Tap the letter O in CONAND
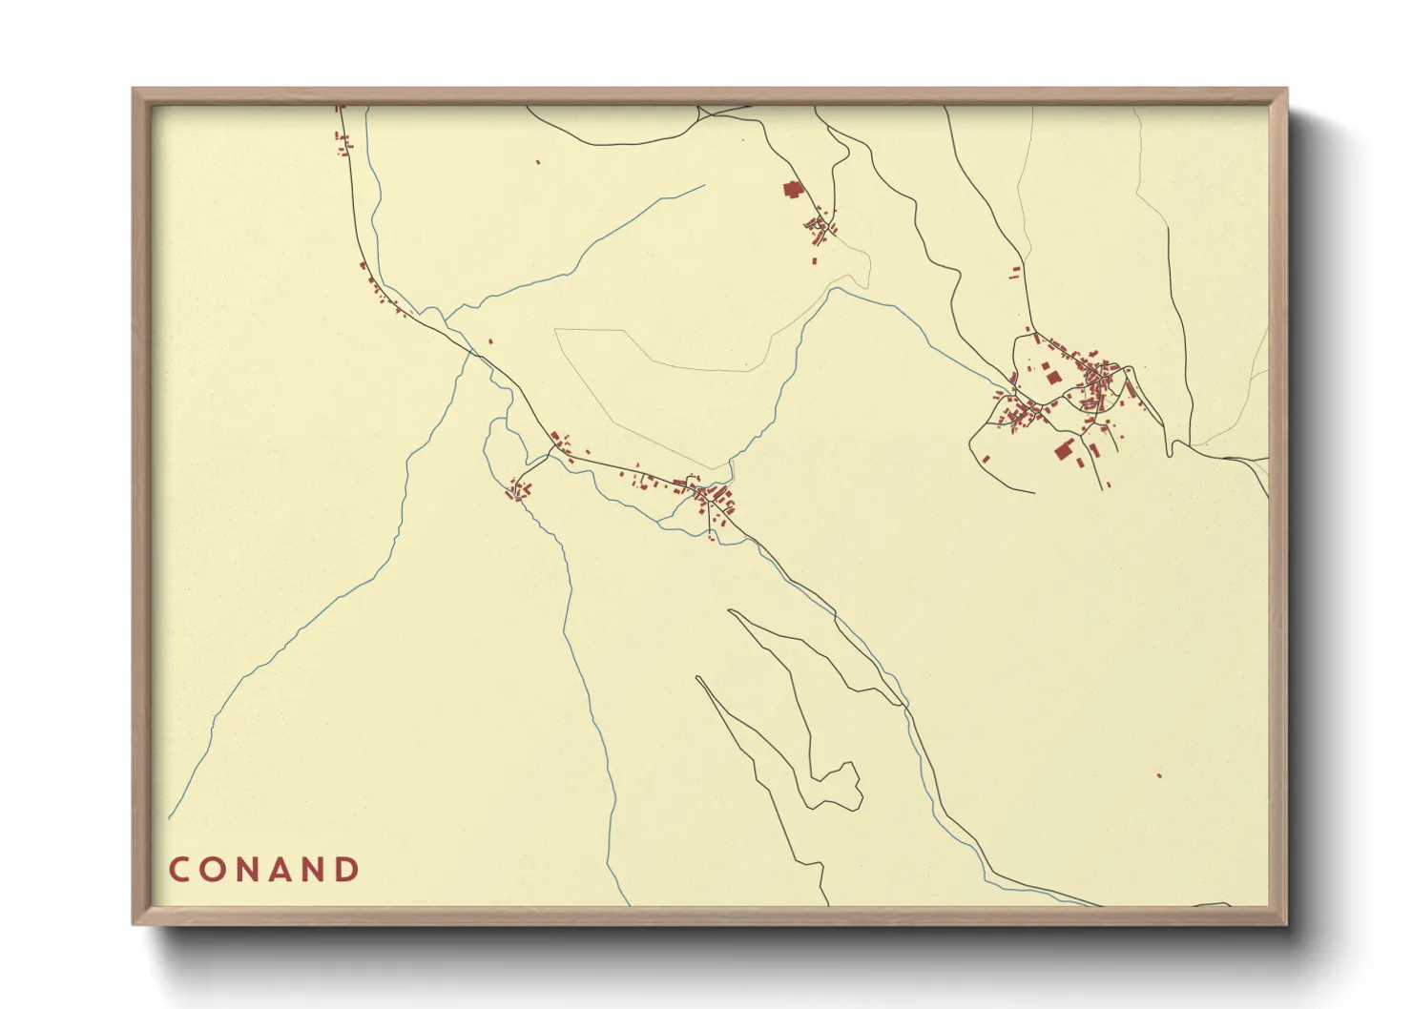click(x=215, y=870)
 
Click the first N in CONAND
click(x=248, y=870)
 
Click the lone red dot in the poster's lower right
click(x=1159, y=775)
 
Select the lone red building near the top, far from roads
click(x=538, y=163)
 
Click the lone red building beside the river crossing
click(x=490, y=341)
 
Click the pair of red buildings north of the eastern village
click(x=1015, y=273)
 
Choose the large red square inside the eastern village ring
click(x=1054, y=378)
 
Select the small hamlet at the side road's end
click(x=519, y=490)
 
